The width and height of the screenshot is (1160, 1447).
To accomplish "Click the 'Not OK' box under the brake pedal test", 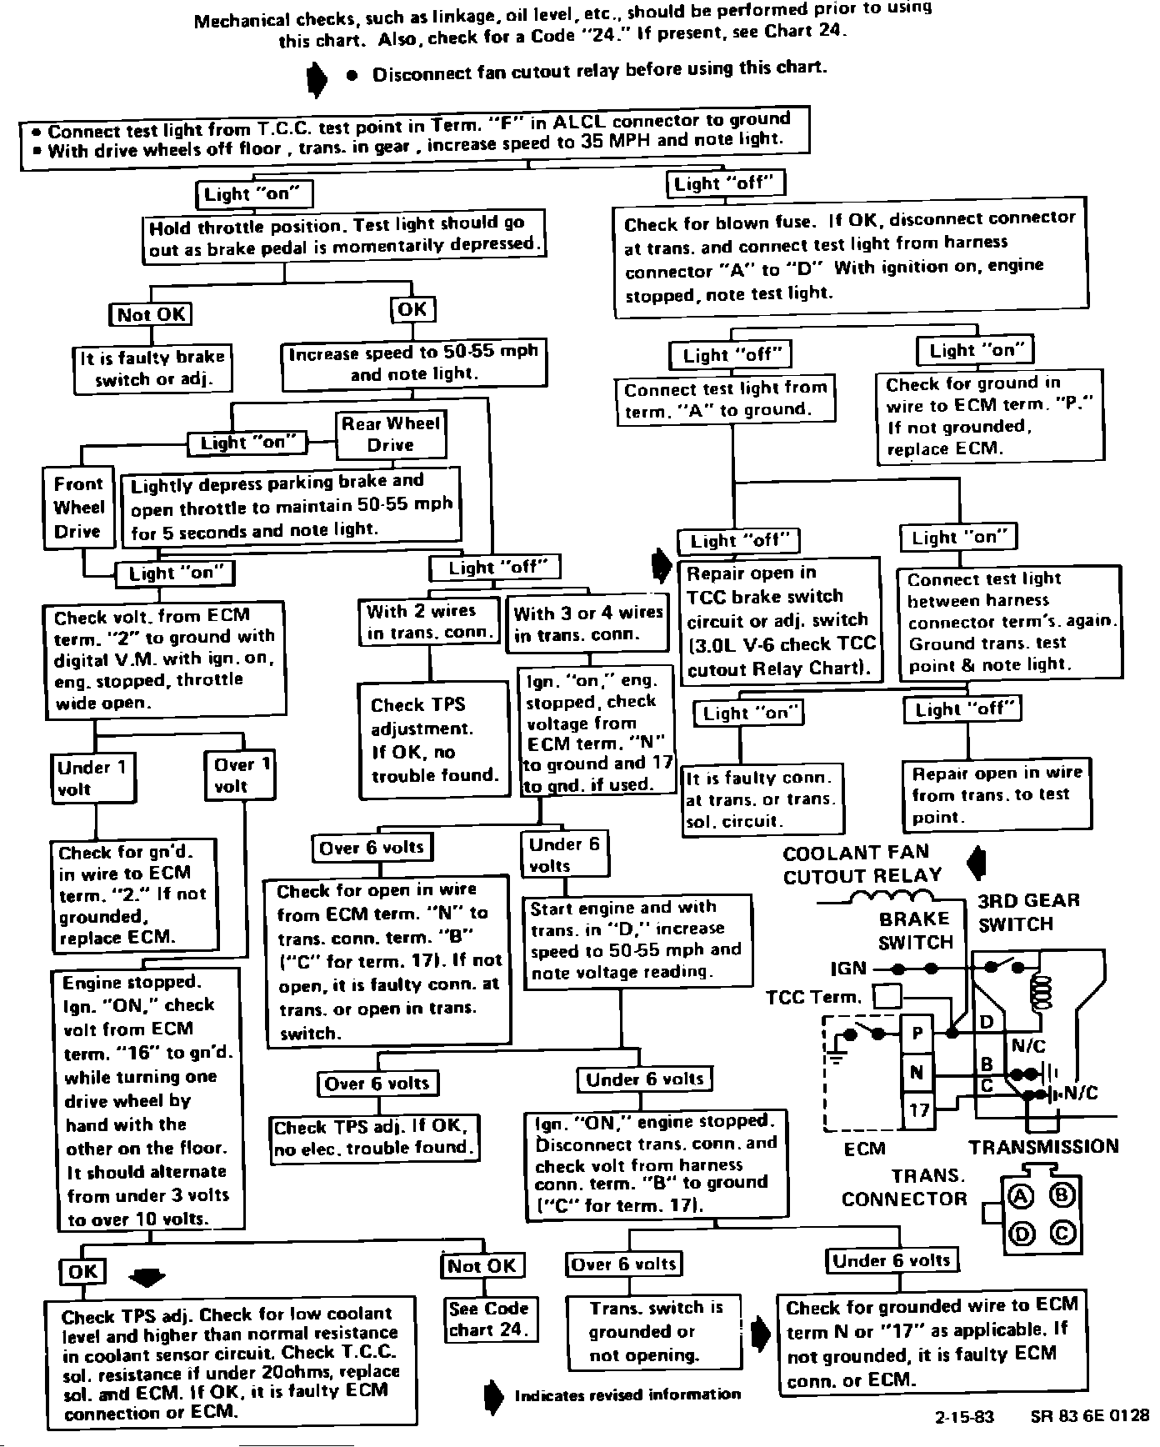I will click(x=151, y=314).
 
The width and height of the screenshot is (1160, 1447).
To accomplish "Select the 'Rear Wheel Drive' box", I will click(x=391, y=434).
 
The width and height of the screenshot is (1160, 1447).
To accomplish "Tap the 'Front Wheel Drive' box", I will click(x=78, y=508).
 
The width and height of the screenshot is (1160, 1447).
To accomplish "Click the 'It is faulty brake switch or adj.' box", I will click(x=152, y=368).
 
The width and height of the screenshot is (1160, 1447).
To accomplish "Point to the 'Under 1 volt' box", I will click(x=92, y=778).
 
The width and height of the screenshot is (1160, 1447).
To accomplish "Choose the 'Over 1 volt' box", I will click(x=241, y=775).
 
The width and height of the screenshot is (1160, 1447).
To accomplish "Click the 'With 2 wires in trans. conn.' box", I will click(x=429, y=622).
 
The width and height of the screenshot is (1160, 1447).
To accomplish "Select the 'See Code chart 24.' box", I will click(x=489, y=1319).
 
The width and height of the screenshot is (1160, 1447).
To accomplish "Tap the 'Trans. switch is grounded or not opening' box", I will click(x=654, y=1331).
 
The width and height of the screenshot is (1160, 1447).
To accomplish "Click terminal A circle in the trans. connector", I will click(x=1020, y=1196).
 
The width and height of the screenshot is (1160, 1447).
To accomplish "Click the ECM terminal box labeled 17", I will click(x=918, y=1109).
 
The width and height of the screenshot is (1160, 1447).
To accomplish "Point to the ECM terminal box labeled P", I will click(x=917, y=1034).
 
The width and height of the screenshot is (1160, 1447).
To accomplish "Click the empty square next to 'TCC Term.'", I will click(x=887, y=997).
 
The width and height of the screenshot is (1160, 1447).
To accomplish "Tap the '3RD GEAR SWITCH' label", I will click(x=1028, y=912).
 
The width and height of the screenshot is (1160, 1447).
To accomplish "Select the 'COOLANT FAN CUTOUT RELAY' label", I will click(x=862, y=864).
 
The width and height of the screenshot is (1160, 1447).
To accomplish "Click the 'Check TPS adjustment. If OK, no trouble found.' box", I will click(x=434, y=739).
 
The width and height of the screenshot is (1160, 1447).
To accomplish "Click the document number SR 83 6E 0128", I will click(x=1089, y=1415).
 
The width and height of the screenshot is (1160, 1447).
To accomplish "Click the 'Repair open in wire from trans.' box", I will click(x=997, y=794).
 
